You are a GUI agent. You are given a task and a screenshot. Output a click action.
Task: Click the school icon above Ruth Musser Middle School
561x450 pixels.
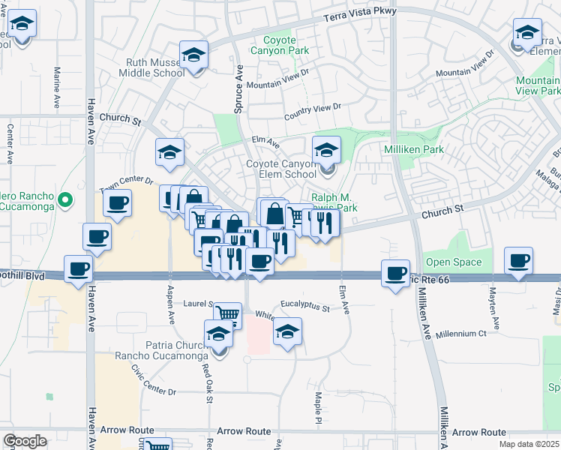(x=194, y=55)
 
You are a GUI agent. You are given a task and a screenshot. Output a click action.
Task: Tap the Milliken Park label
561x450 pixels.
(x=414, y=149)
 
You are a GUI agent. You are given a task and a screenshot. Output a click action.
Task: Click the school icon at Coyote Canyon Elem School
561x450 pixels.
(x=326, y=152)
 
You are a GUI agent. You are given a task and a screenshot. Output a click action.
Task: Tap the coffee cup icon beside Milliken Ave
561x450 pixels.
(x=395, y=273)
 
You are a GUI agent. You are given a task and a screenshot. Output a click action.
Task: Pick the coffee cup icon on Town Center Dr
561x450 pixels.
(x=116, y=203)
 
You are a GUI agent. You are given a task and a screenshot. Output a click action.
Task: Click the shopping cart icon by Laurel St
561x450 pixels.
(x=227, y=315)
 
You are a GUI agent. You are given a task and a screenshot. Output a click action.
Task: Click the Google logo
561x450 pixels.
(x=25, y=440)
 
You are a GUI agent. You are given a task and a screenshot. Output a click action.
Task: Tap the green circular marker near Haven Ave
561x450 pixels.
(x=64, y=200)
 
